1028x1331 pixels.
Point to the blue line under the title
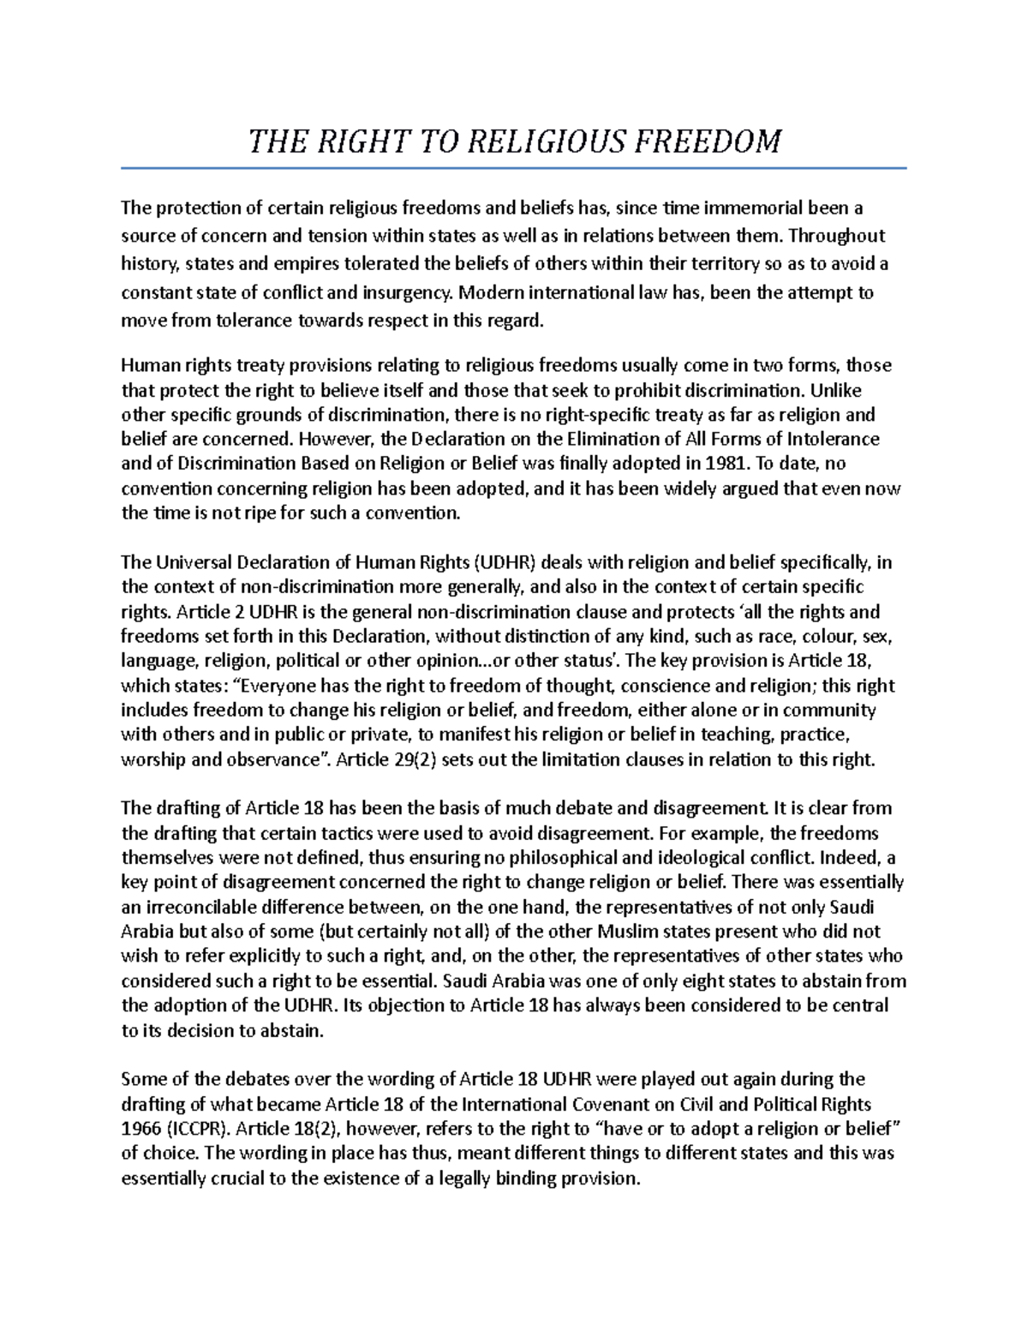click(x=514, y=168)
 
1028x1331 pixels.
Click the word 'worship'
click(x=151, y=760)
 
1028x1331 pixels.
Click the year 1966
click(x=140, y=1128)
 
